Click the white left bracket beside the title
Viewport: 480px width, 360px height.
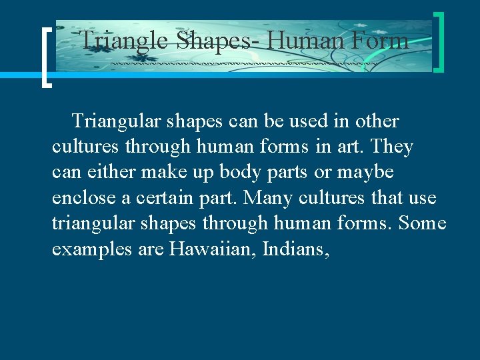coord(45,58)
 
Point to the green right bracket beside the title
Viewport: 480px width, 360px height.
coord(439,41)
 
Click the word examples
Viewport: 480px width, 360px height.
coord(83,249)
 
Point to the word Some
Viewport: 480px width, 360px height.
coord(423,223)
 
